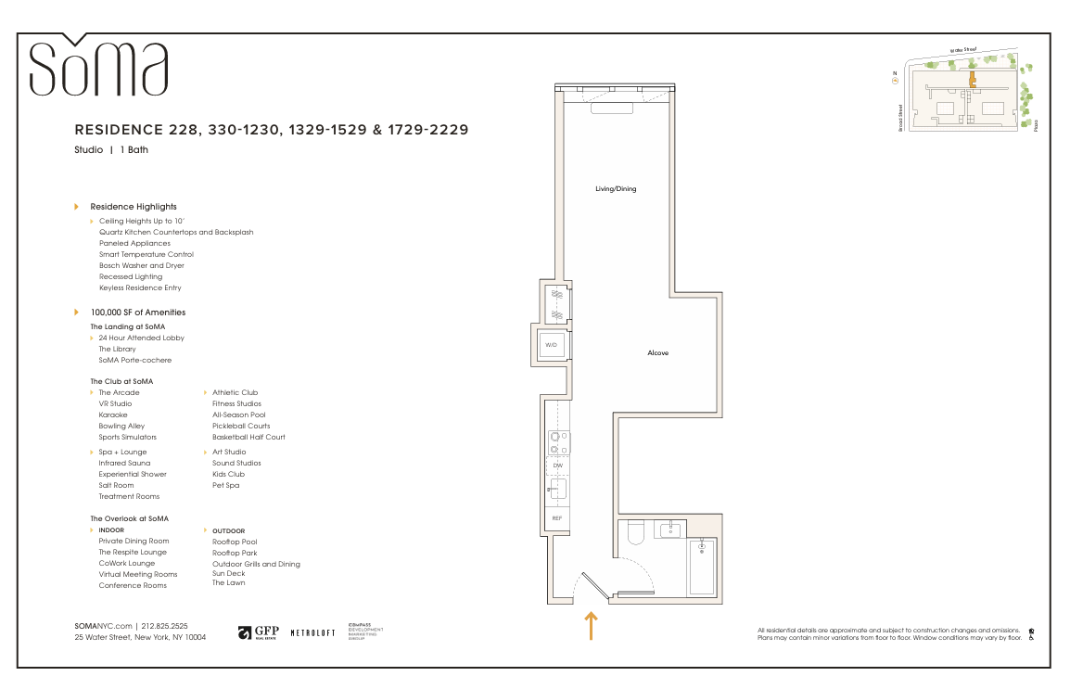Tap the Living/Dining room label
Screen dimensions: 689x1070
click(x=616, y=189)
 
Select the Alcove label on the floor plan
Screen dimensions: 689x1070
click(x=657, y=353)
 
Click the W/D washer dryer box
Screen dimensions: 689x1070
click(x=551, y=345)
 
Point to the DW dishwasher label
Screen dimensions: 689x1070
click(x=557, y=466)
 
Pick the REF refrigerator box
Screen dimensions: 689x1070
click(x=556, y=518)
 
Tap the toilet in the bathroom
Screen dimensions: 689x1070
click(x=636, y=534)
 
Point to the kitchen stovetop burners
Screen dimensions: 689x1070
click(x=557, y=442)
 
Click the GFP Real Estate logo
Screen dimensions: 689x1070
click(x=259, y=632)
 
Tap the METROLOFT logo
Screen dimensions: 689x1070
click(x=312, y=632)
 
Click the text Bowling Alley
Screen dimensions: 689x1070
click(x=121, y=427)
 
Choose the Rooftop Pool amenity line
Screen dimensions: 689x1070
click(x=235, y=542)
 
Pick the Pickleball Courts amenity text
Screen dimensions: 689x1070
click(x=241, y=427)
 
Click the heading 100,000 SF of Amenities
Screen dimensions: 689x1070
click(x=137, y=313)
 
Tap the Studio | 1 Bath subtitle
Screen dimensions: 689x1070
click(x=111, y=149)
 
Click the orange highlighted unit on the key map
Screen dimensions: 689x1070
click(x=972, y=82)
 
